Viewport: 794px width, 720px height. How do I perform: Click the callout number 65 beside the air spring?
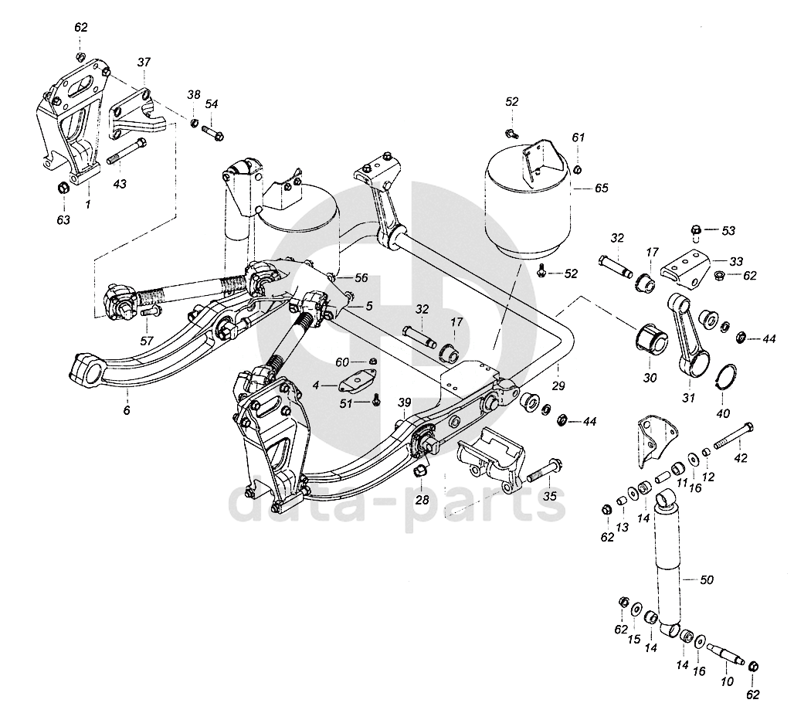601,188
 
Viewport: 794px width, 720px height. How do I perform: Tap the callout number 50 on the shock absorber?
706,579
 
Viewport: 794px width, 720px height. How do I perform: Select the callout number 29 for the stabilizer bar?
558,385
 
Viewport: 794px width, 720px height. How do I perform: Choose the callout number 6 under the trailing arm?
127,410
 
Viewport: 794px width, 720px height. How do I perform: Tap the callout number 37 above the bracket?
144,63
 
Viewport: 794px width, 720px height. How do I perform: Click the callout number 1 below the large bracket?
87,205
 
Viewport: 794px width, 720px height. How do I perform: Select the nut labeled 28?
420,472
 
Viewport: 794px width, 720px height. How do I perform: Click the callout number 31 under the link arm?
688,398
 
